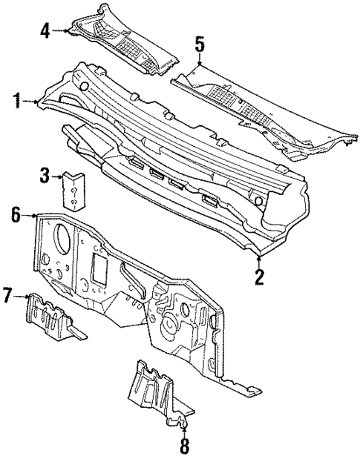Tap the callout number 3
click(x=45, y=176)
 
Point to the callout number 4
click(x=45, y=30)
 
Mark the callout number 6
click(x=16, y=216)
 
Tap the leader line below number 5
click(x=198, y=62)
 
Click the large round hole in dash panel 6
click(x=62, y=239)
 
